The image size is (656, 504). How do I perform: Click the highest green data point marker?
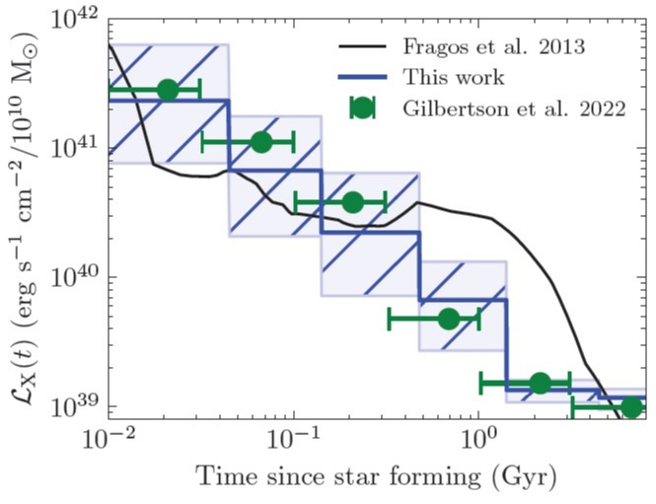(168, 90)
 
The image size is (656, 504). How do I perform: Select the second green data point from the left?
(261, 142)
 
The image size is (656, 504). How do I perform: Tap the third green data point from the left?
(352, 203)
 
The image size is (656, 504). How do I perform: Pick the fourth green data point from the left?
(448, 318)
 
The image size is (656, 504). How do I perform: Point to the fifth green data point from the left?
(539, 383)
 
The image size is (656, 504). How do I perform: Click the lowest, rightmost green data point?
(631, 405)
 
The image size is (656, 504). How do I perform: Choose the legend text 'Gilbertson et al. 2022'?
(513, 108)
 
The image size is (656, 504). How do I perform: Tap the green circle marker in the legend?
(363, 108)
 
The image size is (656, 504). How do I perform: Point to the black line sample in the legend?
(363, 46)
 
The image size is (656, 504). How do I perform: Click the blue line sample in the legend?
(363, 77)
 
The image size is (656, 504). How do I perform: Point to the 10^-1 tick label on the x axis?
(294, 440)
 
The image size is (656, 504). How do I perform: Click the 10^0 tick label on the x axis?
(478, 440)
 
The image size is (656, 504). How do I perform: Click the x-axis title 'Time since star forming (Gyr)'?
(377, 479)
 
